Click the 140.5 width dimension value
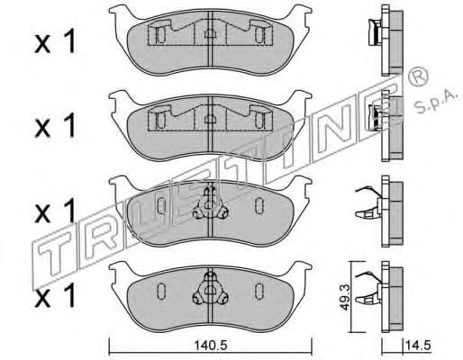tap(211, 346)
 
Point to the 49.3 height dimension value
tap(343, 297)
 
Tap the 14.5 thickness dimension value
tap(418, 345)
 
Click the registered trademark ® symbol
tap(418, 76)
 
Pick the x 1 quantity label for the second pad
tap(55, 126)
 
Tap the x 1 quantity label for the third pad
tap(55, 211)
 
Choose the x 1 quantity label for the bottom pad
tap(55, 295)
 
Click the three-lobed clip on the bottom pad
tap(210, 290)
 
